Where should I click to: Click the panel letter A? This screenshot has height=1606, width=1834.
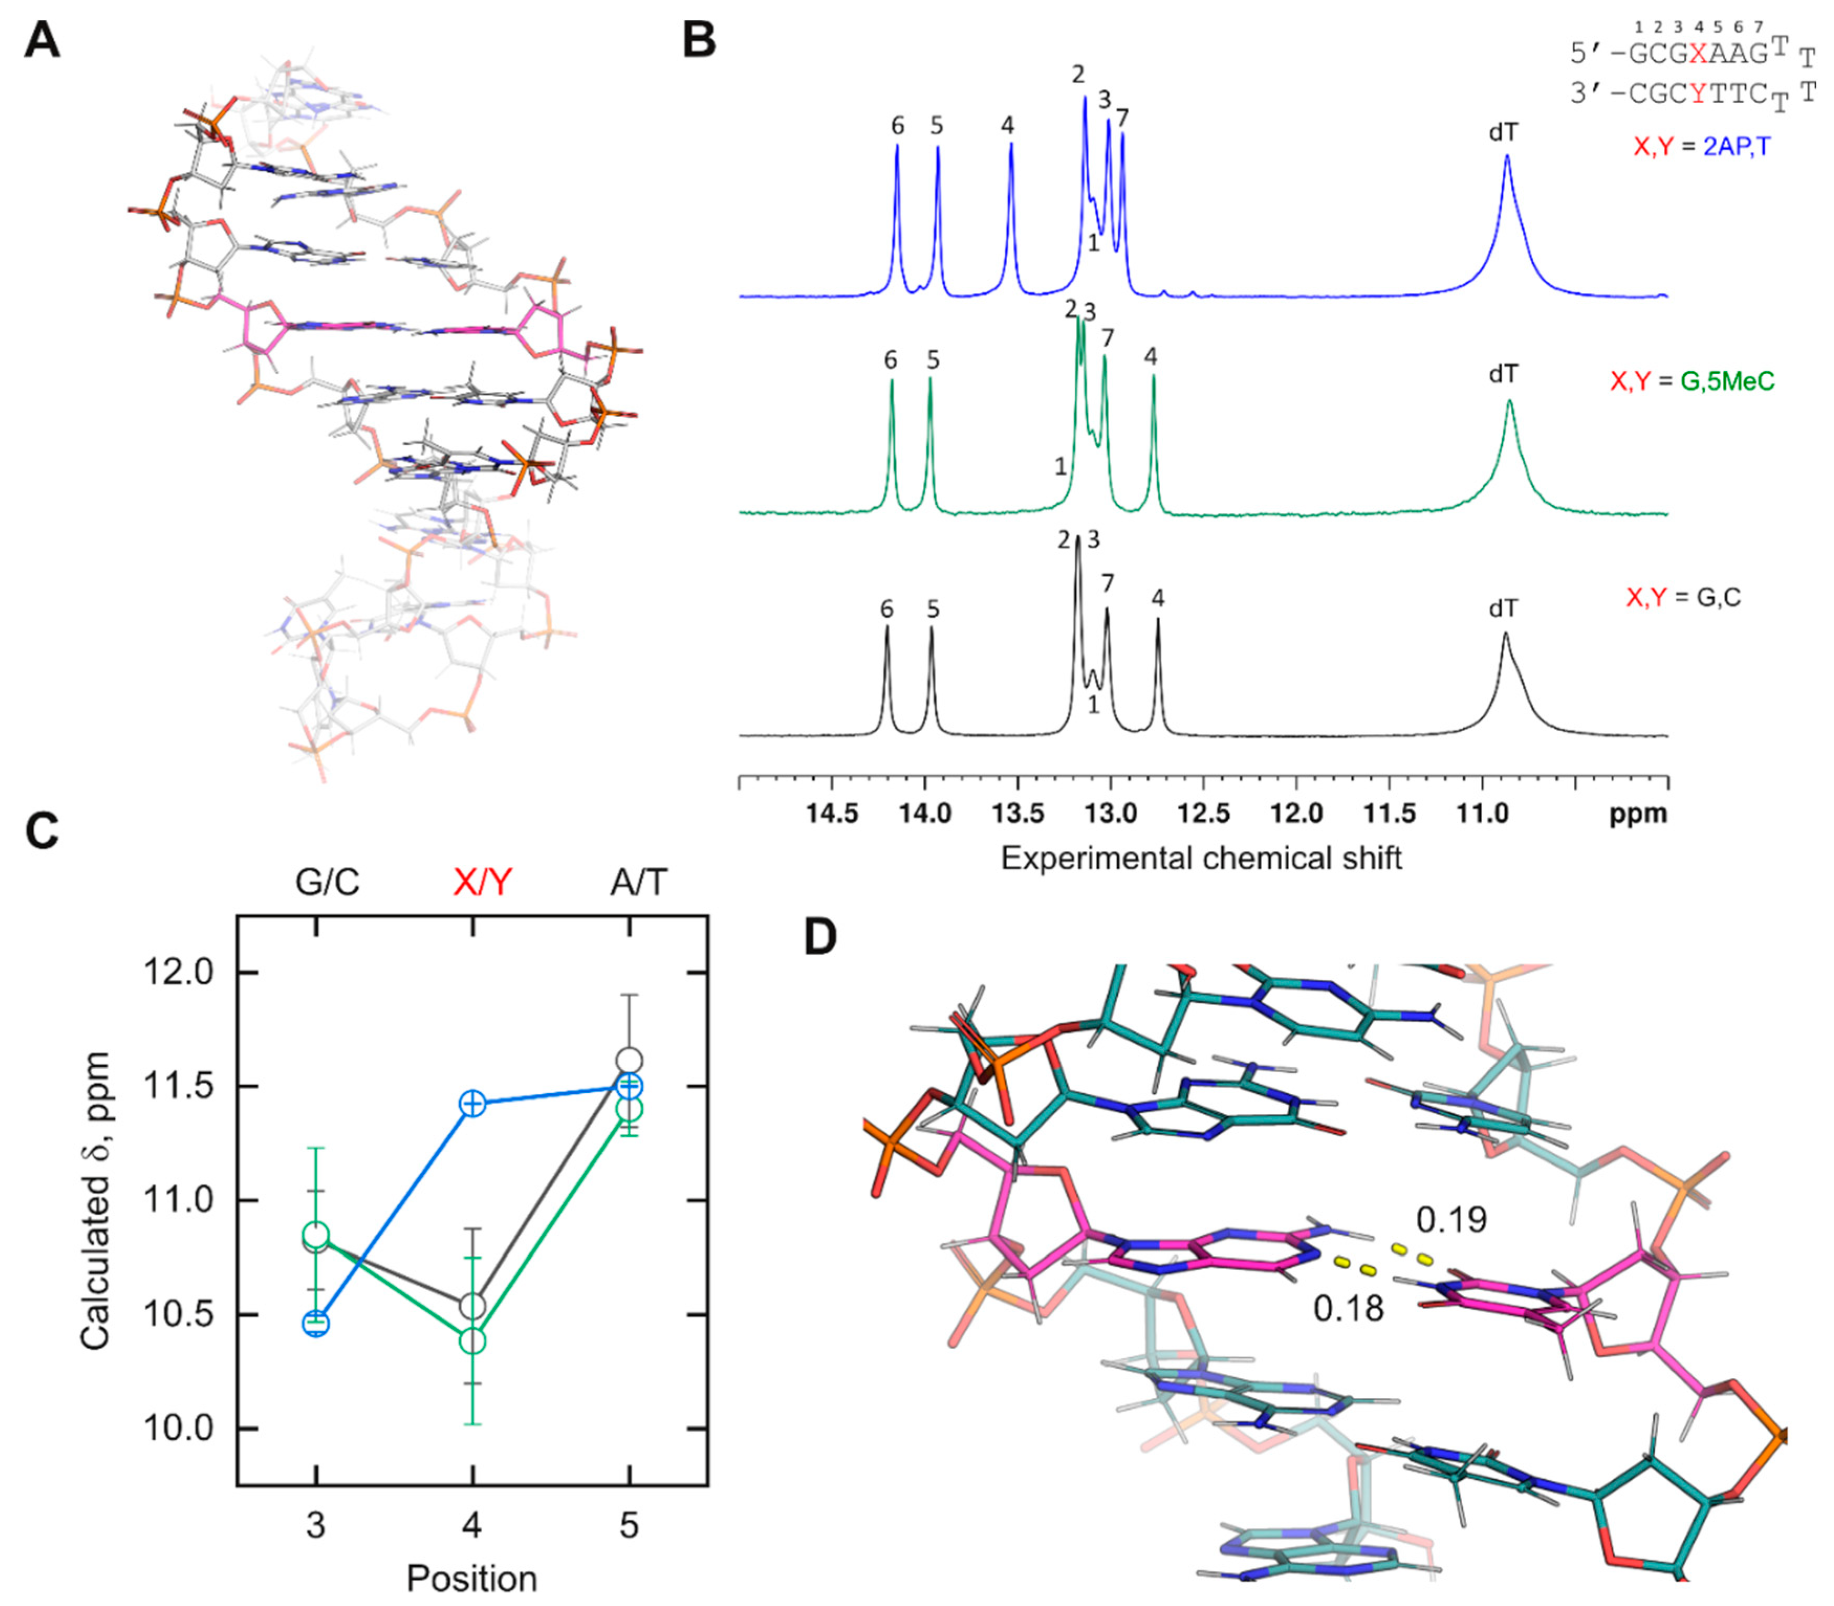(x=41, y=40)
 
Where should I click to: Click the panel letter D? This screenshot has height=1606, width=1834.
(x=820, y=937)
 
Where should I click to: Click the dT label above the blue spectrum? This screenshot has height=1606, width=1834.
(x=1503, y=133)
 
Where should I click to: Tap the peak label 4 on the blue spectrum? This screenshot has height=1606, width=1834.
(x=1008, y=126)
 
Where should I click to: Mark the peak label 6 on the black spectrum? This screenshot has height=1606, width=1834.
(x=887, y=609)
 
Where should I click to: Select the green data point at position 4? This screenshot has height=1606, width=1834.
(x=473, y=1341)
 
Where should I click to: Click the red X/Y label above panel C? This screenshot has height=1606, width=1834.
(x=482, y=883)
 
